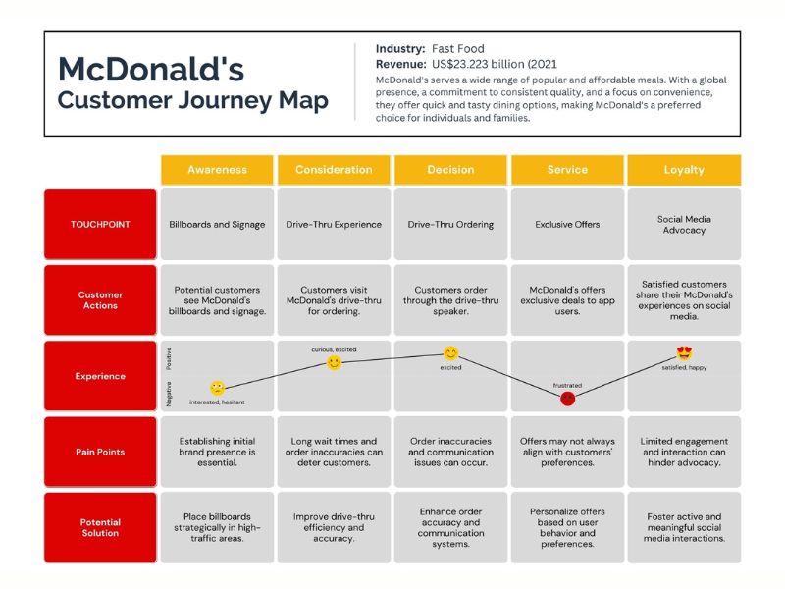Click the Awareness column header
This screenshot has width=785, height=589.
217,170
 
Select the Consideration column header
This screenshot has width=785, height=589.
334,170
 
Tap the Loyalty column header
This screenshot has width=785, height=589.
684,170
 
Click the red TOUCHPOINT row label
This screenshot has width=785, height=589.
100,224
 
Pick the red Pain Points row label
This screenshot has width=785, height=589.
100,453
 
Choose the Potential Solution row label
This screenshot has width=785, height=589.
100,527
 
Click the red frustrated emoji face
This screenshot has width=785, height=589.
567,398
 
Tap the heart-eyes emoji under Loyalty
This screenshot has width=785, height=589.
684,353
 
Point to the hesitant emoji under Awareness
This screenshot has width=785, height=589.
218,388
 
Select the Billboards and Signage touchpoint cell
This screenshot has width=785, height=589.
217,224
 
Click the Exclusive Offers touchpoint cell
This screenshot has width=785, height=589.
567,224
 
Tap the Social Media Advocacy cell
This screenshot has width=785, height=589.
684,224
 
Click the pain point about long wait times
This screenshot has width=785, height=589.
334,453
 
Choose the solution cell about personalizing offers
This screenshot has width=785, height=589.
567,527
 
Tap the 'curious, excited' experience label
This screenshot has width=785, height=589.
334,349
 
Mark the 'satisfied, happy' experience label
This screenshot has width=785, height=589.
684,368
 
